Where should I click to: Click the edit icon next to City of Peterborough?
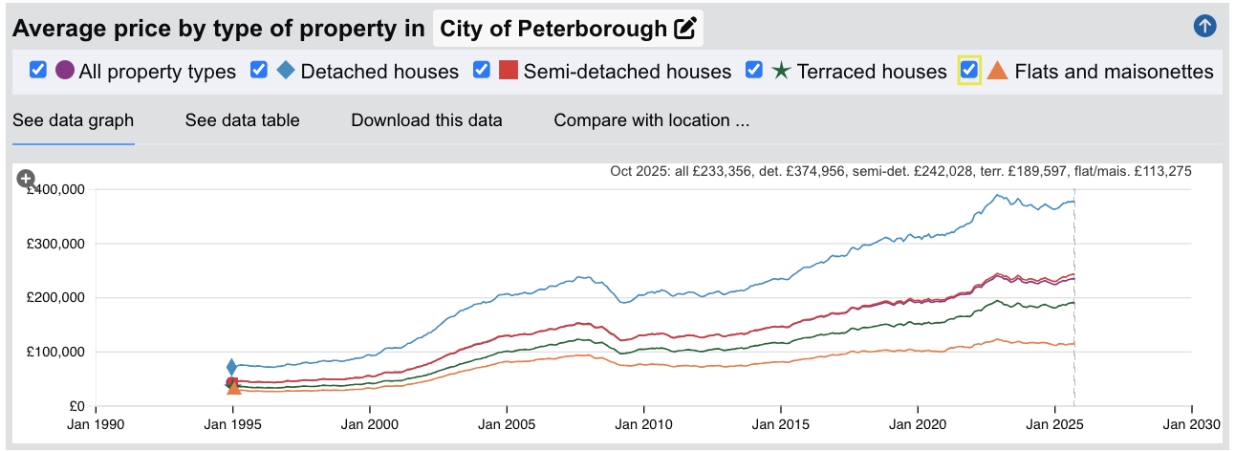[684, 29]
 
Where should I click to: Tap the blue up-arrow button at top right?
[1204, 27]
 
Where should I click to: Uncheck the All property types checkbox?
[38, 71]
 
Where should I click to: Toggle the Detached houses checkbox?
[259, 71]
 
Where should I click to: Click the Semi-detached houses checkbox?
[482, 71]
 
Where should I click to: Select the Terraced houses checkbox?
[754, 71]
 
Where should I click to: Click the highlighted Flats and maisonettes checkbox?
[969, 71]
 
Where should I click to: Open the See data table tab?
[242, 120]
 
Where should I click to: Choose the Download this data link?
[426, 120]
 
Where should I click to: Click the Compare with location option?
[651, 120]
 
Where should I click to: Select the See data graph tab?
[73, 120]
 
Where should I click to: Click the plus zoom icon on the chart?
[27, 179]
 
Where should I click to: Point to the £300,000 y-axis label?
[58, 244]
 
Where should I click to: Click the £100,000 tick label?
[58, 352]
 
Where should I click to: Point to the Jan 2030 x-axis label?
[1191, 424]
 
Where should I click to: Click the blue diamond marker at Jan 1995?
[231, 367]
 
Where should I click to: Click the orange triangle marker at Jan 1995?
[233, 387]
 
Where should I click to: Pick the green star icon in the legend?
[781, 71]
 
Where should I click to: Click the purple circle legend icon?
[65, 71]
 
